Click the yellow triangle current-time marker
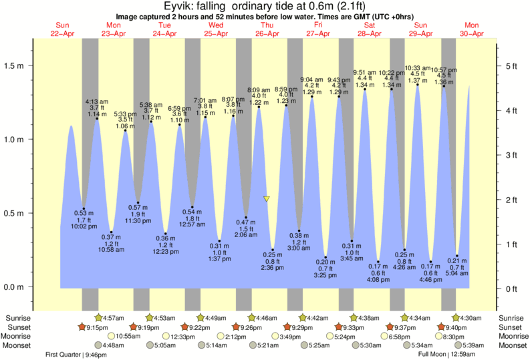[267, 199]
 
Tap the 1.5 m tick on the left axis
[15, 66]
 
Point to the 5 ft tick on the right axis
[512, 65]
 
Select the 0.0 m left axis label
[15, 287]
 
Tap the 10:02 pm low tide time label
[84, 227]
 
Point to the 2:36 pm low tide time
[273, 268]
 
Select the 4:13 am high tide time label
[98, 102]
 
